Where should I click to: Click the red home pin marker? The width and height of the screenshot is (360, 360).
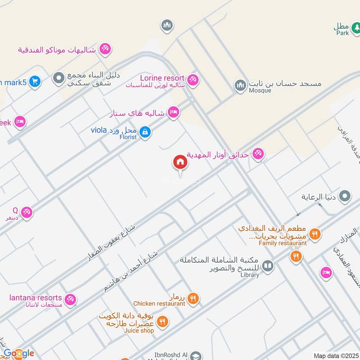click(180, 162)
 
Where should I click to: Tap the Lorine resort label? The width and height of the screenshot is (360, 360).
click(162, 78)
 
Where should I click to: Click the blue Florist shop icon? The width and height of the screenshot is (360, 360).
click(145, 132)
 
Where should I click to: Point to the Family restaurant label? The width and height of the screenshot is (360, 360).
click(283, 243)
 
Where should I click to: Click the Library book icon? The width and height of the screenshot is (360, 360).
click(268, 266)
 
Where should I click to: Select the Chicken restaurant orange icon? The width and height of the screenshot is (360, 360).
click(193, 297)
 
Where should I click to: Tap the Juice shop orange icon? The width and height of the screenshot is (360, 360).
click(162, 321)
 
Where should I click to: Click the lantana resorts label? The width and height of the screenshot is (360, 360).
click(36, 297)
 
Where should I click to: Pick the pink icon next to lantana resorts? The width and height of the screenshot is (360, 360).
click(70, 299)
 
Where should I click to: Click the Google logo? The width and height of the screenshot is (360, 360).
click(18, 353)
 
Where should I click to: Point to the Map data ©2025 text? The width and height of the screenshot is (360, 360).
click(335, 356)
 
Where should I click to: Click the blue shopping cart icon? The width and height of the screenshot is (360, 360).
click(35, 81)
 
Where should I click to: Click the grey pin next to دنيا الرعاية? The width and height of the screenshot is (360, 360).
click(345, 196)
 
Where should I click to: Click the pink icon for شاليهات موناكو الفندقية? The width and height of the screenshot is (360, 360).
click(105, 48)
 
